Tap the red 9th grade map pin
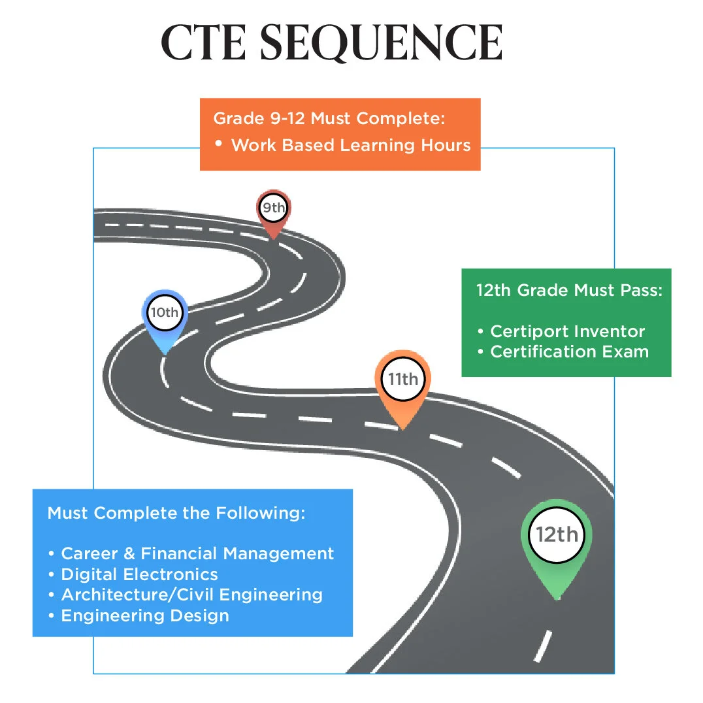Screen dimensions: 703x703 (x=273, y=210)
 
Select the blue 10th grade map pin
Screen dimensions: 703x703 (x=165, y=314)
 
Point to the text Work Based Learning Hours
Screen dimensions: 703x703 (x=351, y=145)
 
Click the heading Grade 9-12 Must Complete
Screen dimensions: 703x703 (x=329, y=120)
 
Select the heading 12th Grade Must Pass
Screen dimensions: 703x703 (x=569, y=290)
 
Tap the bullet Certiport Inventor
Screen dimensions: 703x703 (x=567, y=331)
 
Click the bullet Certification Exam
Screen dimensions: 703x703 (x=569, y=351)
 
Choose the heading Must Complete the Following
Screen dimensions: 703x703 (x=176, y=513)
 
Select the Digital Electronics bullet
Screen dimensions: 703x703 (x=139, y=574)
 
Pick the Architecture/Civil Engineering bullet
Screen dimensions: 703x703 (x=191, y=595)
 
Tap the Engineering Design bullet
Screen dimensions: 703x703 (x=144, y=615)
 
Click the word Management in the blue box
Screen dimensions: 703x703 (x=279, y=553)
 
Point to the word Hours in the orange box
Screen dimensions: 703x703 (x=444, y=145)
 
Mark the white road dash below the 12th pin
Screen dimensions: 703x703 (x=542, y=646)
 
